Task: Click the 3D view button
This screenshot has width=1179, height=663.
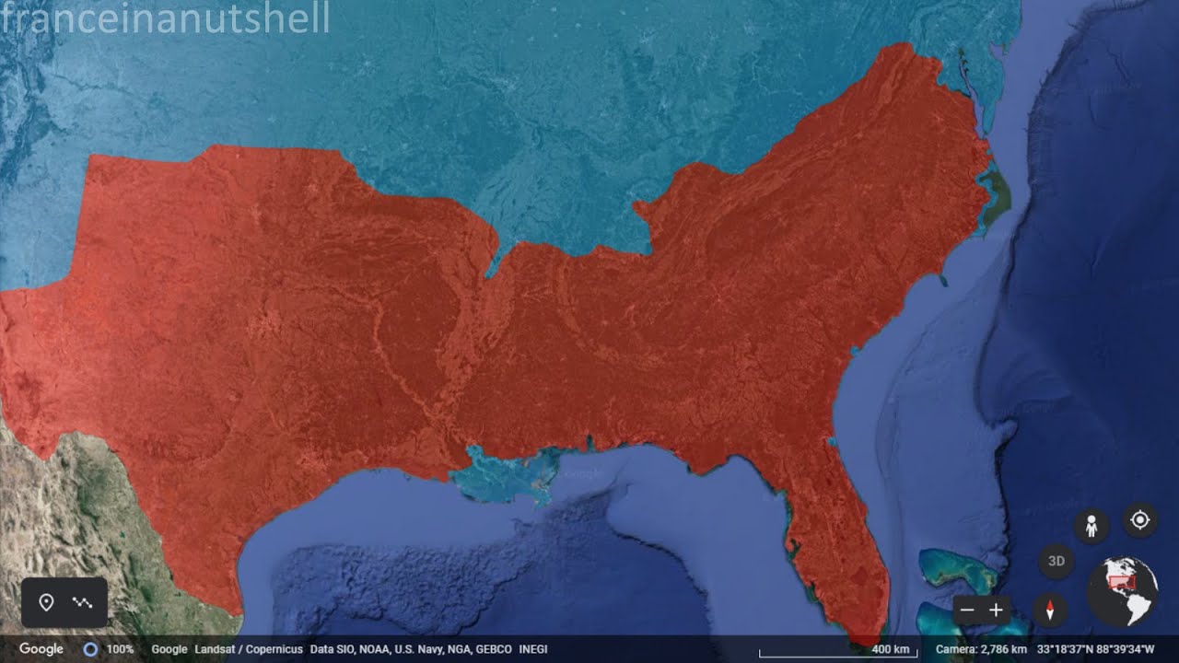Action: tap(1056, 561)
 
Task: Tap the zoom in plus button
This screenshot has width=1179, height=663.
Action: tap(996, 610)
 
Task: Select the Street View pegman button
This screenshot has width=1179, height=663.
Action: tap(1091, 526)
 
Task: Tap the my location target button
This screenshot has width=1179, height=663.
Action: tap(1139, 520)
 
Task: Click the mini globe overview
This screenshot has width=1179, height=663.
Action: tap(1122, 591)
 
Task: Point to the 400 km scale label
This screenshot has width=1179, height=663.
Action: tap(890, 649)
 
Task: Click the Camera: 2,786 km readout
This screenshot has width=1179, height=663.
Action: tap(982, 649)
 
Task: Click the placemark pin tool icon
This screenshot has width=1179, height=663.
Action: tap(47, 603)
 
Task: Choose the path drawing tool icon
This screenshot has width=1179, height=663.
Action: tap(83, 603)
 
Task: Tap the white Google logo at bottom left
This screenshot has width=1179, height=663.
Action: tap(41, 649)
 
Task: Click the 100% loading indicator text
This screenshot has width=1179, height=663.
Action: tap(120, 649)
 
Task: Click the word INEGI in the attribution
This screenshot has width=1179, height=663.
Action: tap(533, 649)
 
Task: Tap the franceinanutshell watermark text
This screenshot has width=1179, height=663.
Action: tap(166, 18)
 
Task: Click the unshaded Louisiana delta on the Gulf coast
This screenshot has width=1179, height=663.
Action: tap(507, 474)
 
